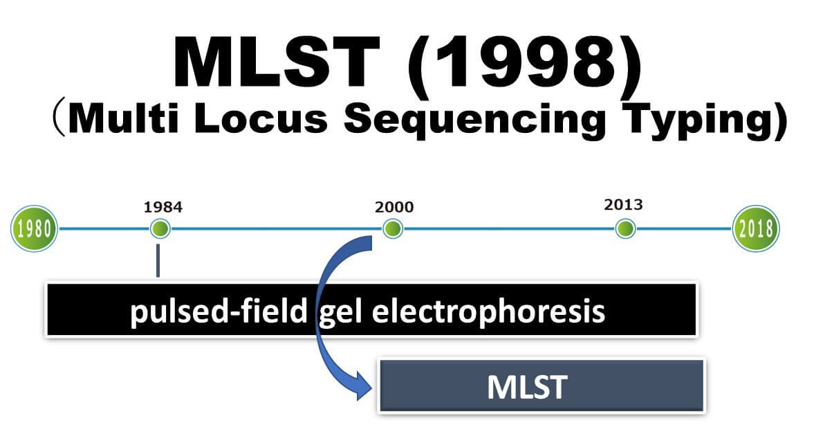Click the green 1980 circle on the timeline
[x=34, y=228]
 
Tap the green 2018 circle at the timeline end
[x=755, y=228]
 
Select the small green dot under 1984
[x=160, y=228]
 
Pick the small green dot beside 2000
[x=393, y=228]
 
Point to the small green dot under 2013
[x=625, y=228]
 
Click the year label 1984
[x=163, y=206]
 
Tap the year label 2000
[x=394, y=207]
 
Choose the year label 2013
[x=623, y=205]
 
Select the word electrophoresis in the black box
[x=488, y=312]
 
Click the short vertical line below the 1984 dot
[x=158, y=260]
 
